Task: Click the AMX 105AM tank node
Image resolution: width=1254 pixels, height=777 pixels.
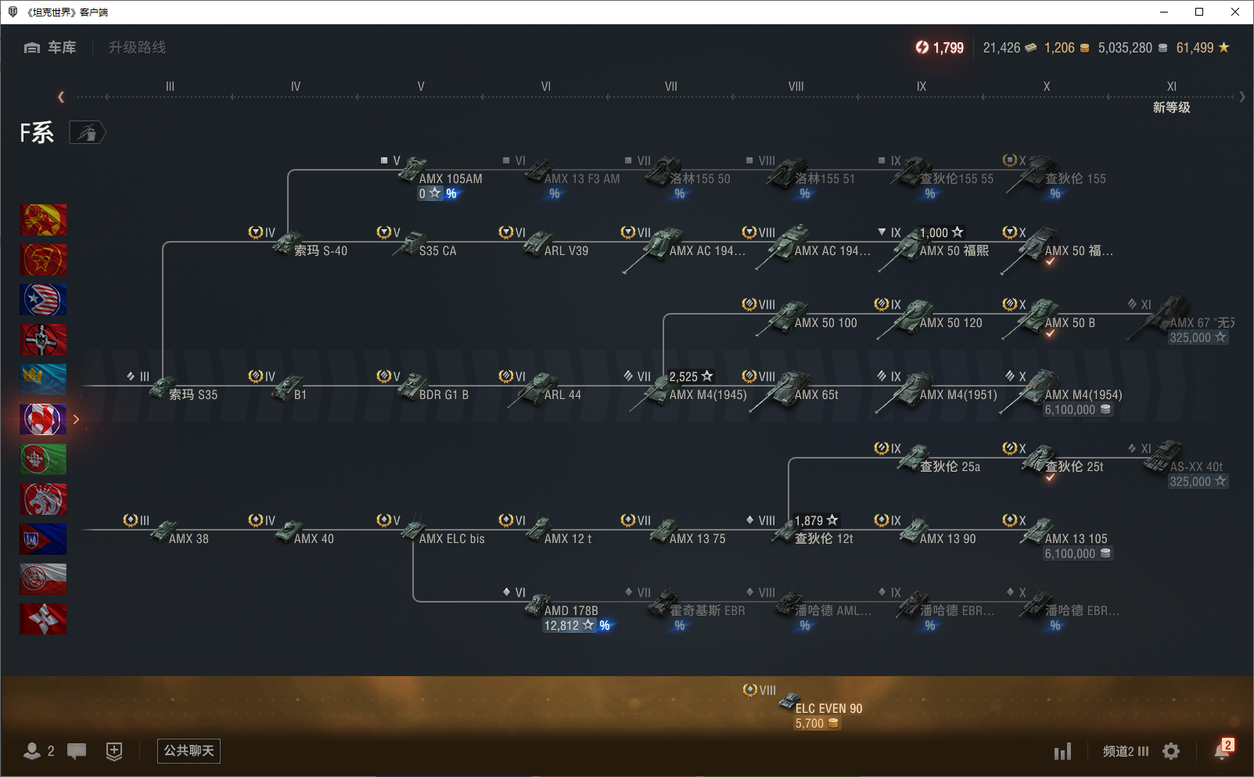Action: tap(450, 178)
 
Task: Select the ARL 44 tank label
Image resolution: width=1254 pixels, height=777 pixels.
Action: tap(562, 394)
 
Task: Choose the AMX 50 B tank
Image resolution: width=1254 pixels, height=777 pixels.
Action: tap(1069, 322)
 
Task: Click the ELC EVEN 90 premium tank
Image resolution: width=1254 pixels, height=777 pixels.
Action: tap(828, 708)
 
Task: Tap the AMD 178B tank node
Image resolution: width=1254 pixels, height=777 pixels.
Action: tap(570, 610)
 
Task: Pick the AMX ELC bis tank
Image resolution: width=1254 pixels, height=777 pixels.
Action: tap(451, 538)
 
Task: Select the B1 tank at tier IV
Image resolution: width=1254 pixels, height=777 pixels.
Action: tap(300, 394)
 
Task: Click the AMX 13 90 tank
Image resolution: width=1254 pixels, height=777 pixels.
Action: tap(947, 538)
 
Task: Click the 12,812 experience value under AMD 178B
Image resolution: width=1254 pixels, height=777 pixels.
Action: tap(562, 626)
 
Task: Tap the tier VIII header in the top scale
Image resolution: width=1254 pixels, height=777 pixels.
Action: tap(796, 87)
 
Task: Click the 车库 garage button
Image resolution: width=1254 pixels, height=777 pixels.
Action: tap(51, 48)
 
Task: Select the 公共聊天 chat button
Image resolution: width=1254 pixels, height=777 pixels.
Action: tap(189, 751)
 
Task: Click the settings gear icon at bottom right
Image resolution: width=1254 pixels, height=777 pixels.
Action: tap(1170, 751)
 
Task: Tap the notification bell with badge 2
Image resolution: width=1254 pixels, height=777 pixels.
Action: tap(1221, 750)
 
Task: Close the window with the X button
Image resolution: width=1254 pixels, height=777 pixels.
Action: tap(1234, 12)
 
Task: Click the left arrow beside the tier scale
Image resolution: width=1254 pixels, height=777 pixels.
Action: tap(61, 97)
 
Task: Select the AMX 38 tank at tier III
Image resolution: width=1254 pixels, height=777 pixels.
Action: tap(189, 538)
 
